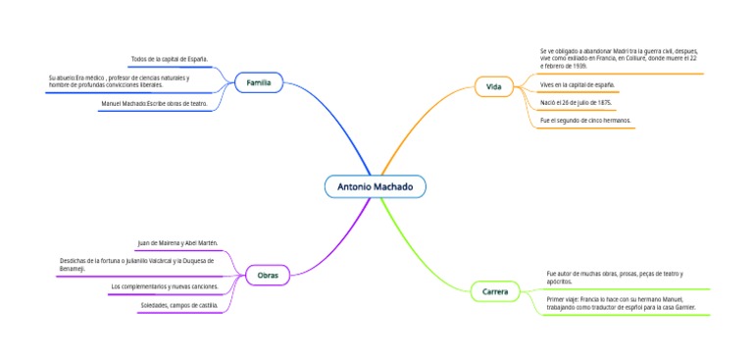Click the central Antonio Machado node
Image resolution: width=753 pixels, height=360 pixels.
point(375,186)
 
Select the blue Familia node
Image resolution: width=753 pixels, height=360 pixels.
point(259,82)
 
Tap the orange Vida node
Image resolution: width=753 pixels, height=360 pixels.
point(493,87)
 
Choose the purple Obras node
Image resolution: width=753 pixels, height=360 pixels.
point(268,276)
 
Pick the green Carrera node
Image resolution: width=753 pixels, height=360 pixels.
point(494,291)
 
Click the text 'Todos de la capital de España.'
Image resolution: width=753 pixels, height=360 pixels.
point(169,60)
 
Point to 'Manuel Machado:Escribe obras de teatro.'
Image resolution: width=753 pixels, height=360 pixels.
point(155,103)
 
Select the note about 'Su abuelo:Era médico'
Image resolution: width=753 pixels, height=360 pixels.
point(119,81)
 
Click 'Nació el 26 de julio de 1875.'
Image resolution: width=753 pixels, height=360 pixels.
point(577,102)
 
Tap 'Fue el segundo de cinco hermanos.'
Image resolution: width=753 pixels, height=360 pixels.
point(585,121)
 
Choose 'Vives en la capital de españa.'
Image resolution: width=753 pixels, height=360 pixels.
point(577,85)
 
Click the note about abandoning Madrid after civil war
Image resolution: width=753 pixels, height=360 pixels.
point(618,60)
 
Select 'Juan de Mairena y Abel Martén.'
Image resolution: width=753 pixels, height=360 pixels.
point(177,242)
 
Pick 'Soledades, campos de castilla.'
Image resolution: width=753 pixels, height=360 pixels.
point(179,305)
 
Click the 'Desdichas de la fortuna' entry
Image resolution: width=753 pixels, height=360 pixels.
point(136,264)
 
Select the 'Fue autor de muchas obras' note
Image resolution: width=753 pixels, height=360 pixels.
point(615,277)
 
